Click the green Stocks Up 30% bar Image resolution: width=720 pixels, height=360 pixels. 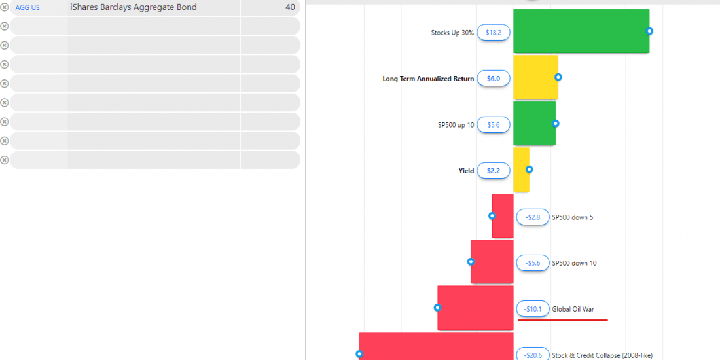coord(581,31)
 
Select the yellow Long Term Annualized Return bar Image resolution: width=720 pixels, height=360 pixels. coord(535,77)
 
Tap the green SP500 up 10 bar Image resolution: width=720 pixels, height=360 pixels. coord(533,123)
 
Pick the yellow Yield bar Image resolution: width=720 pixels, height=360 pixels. coord(520,170)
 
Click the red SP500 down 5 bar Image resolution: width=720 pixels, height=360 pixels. coord(503,216)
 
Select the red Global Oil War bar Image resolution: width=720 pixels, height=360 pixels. coord(475,308)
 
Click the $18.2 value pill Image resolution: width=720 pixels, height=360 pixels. coord(494,33)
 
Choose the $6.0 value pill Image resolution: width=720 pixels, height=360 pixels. coord(494,79)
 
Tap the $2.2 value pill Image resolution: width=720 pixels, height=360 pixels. coord(494,171)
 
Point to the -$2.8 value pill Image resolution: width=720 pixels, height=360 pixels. coord(533,217)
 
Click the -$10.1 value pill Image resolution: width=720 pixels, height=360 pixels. coord(533,309)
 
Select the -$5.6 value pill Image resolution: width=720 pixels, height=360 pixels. coord(533,263)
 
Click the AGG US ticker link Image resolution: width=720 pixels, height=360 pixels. coord(27,7)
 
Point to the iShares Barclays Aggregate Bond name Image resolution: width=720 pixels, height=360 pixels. coord(133,7)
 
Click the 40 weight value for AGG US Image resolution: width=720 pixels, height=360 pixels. coord(290,7)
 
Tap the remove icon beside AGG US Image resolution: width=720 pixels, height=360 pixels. coord(5,7)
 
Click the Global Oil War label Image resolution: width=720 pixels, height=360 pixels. coord(573,309)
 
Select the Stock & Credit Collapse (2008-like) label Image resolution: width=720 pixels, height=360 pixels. coord(602,355)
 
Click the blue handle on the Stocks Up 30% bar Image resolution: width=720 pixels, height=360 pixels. coord(649,31)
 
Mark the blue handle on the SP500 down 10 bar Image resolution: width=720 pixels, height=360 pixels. coord(471,262)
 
